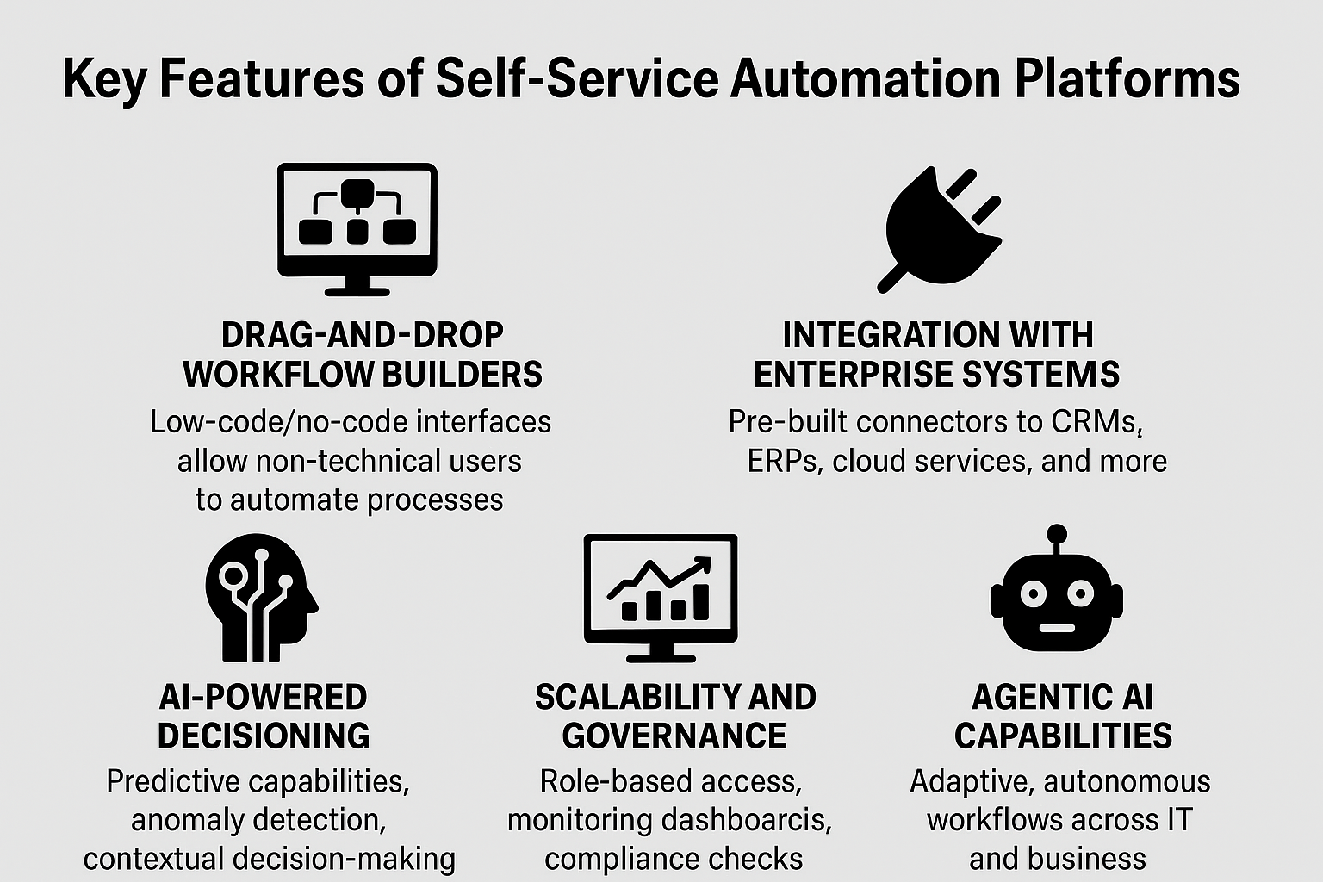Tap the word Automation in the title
pos(861,79)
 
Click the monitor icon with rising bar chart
pos(661,597)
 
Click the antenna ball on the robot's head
pos(1057,535)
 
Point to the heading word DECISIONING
pos(264,736)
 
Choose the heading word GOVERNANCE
pos(674,736)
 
